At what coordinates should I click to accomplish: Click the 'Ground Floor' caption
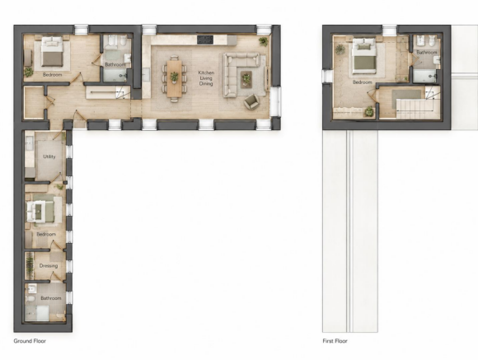[30, 341]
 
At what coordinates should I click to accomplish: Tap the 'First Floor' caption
[335, 341]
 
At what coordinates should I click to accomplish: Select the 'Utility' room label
[49, 157]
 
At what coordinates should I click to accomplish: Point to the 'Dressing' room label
[49, 266]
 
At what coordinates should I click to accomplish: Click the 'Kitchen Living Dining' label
[206, 78]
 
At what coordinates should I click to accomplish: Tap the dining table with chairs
[174, 78]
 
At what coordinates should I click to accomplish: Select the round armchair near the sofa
[251, 101]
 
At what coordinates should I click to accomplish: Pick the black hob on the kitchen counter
[205, 40]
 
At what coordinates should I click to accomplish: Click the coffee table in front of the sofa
[246, 79]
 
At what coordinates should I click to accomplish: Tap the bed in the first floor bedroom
[363, 56]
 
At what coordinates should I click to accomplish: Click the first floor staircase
[415, 108]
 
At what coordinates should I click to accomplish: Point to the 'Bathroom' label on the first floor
[426, 53]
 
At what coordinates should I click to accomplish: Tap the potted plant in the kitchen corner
[264, 41]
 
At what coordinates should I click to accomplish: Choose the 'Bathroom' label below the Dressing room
[51, 298]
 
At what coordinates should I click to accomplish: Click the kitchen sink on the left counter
[146, 74]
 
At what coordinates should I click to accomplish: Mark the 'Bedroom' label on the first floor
[362, 82]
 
